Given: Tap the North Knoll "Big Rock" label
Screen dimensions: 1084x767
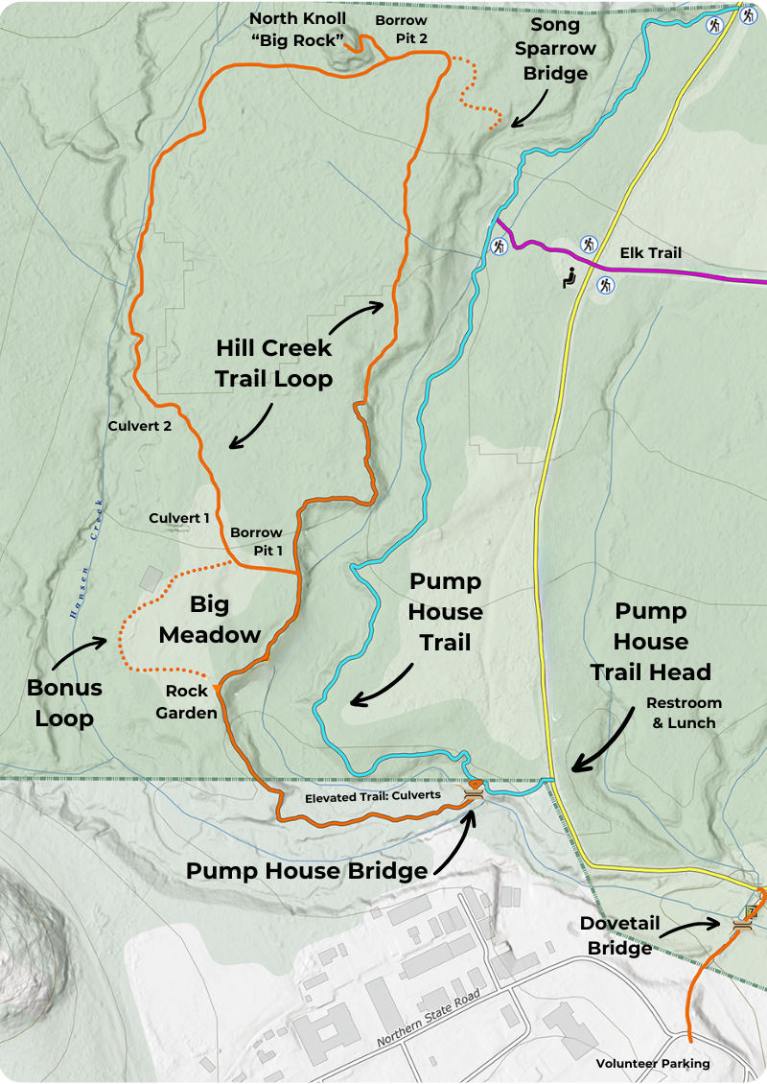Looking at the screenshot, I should (298, 30).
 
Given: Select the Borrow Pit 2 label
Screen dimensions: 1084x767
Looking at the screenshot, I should (401, 30).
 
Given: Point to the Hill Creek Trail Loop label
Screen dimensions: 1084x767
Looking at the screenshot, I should (273, 363).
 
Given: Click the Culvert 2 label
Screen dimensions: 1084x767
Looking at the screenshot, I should (140, 427).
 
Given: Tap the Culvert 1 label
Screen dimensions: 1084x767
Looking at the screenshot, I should (179, 518).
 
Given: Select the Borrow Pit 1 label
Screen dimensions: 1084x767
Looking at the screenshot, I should (256, 541).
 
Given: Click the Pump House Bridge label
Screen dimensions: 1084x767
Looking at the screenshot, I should (306, 871).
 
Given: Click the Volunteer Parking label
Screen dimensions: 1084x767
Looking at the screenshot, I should (653, 1063).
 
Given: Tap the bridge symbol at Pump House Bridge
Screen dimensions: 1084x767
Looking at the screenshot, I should (474, 795).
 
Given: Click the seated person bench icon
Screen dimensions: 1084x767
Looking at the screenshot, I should (569, 279).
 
